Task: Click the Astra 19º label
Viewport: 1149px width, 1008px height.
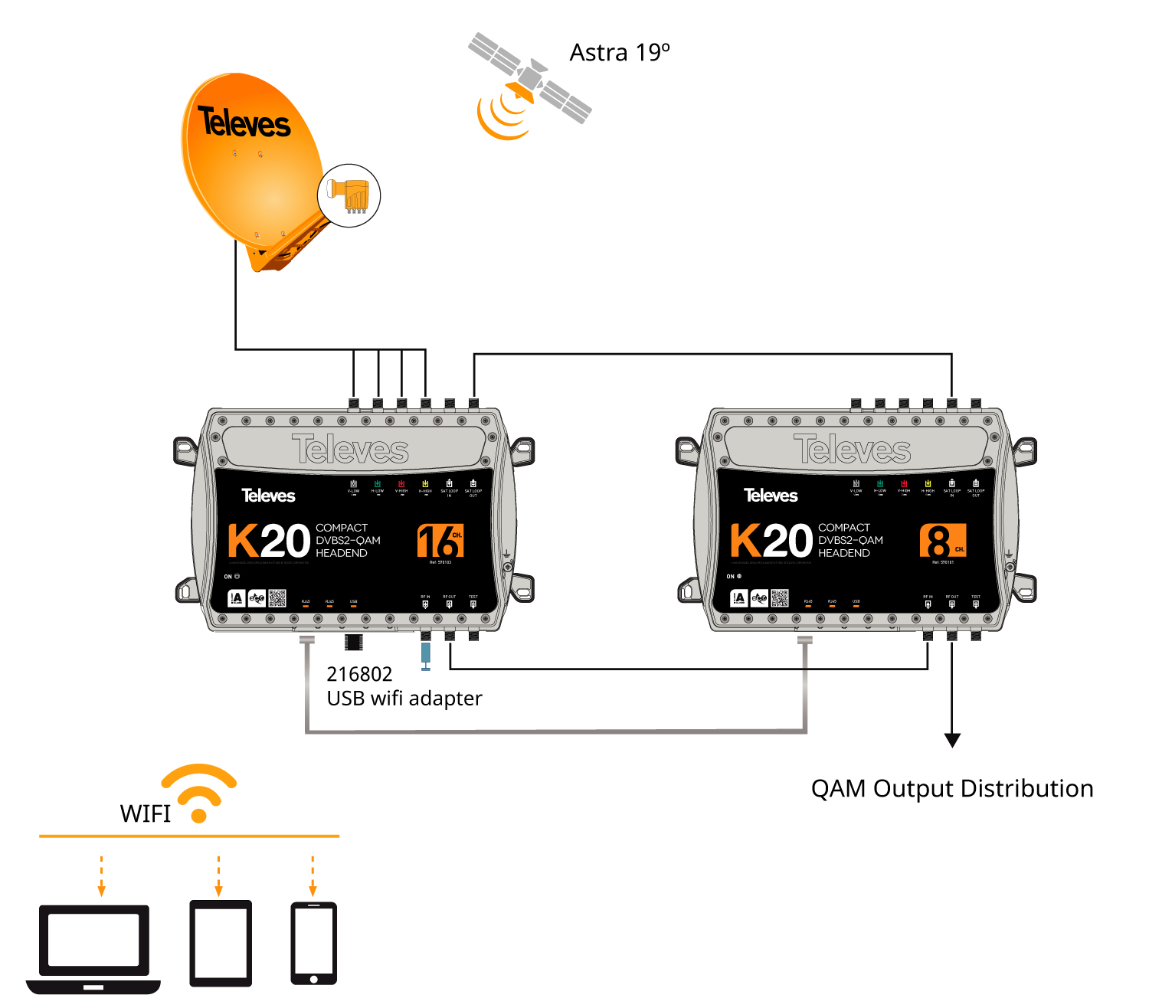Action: [x=619, y=53]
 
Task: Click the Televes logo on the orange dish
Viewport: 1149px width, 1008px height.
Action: [x=244, y=123]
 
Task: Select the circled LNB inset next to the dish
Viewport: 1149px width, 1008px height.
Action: [x=349, y=195]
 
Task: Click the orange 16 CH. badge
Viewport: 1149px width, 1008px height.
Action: [x=440, y=541]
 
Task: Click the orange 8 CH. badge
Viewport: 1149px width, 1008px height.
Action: [x=943, y=541]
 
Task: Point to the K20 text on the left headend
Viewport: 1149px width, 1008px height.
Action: [x=268, y=541]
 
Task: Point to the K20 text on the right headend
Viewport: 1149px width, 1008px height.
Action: [x=771, y=541]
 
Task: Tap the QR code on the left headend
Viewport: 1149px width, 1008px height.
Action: [x=277, y=598]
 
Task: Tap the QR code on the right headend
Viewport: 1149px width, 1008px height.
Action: [x=780, y=598]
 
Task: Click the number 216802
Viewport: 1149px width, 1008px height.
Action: [x=359, y=674]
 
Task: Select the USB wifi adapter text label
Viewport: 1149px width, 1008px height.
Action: [x=404, y=699]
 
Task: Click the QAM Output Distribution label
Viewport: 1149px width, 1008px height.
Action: [x=952, y=788]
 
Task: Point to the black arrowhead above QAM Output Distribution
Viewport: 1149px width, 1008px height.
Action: [x=952, y=740]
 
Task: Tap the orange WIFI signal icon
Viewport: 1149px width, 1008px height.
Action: [x=199, y=791]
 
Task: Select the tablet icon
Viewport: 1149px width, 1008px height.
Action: [x=221, y=943]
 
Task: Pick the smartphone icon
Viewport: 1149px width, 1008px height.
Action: [x=313, y=943]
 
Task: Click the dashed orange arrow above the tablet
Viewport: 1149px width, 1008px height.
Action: [x=219, y=875]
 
